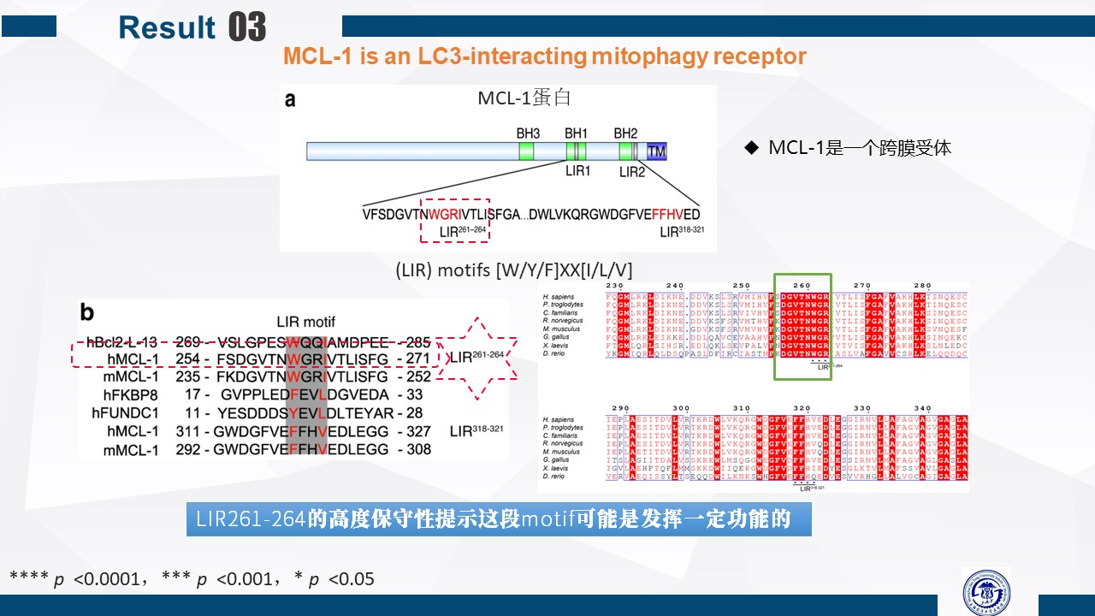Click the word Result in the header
click(167, 27)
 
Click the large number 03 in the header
click(247, 27)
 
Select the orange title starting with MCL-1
click(544, 56)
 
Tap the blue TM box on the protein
click(656, 151)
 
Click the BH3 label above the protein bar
click(528, 133)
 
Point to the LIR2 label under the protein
click(632, 172)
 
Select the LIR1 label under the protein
click(577, 171)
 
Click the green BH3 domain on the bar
click(527, 152)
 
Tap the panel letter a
click(290, 99)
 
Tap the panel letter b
click(87, 311)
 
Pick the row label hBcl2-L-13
click(122, 341)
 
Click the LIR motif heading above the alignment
click(306, 321)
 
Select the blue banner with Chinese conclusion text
click(499, 519)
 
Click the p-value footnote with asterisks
click(192, 579)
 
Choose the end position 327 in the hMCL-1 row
click(419, 431)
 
